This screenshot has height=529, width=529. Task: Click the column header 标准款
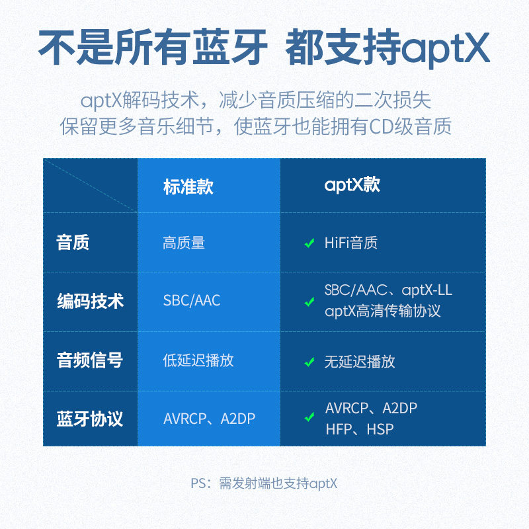coord(188,186)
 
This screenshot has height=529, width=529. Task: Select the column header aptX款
coord(352,185)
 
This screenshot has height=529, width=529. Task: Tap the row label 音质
coord(73,243)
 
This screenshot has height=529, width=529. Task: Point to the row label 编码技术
coord(90,302)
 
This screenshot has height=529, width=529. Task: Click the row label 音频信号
coord(90,360)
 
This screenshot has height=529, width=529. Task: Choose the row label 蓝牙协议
coord(90,419)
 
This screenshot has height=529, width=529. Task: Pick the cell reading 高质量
coord(184,243)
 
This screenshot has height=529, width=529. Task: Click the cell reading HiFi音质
coord(350,243)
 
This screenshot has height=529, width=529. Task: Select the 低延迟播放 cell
coord(198,360)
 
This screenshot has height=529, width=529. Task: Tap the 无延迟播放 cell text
coord(360,361)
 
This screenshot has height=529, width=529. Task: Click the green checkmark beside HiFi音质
coord(309,243)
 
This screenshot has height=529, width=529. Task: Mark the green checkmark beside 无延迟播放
coord(309,362)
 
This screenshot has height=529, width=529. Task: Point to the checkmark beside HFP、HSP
coord(309,418)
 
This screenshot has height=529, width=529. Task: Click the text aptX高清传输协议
coord(382,311)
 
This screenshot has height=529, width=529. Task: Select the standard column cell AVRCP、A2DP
coord(209,419)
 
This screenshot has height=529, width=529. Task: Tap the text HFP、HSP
coord(359,429)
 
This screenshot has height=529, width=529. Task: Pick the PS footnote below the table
coord(264,483)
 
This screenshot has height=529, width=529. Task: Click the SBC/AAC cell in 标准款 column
coord(192,301)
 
